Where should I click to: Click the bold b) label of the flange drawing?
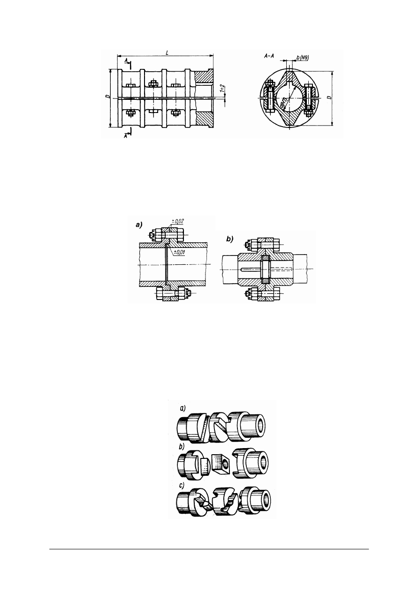[230, 240]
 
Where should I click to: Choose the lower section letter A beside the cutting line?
[126, 135]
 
